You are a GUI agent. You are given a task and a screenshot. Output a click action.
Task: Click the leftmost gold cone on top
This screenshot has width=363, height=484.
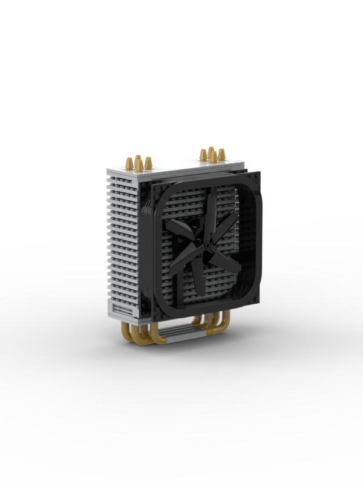click(x=129, y=163)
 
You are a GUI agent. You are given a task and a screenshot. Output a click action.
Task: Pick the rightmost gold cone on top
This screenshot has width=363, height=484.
click(x=222, y=154)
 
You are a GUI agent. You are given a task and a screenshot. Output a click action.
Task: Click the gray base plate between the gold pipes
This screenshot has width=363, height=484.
click(x=181, y=333)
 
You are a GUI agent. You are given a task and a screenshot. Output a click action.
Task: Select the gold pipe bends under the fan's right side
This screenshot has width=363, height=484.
click(x=215, y=324)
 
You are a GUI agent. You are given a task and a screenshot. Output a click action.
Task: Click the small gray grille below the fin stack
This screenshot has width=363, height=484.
click(x=123, y=310)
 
